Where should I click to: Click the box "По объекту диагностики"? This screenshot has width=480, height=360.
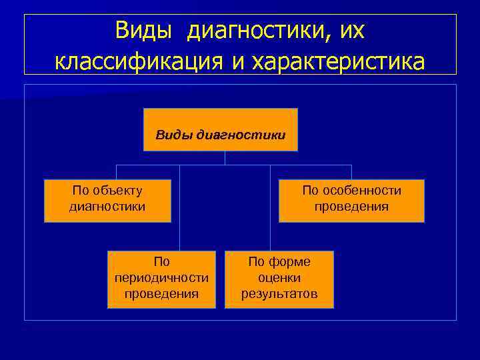107,200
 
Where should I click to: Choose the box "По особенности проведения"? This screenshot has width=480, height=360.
351,200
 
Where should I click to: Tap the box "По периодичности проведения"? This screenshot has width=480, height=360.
161,279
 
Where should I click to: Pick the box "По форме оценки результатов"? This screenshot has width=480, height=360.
279,279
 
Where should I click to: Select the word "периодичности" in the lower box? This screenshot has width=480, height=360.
161,277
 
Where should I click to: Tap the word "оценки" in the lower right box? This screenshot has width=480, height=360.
279,277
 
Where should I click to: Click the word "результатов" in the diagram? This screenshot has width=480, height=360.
279,293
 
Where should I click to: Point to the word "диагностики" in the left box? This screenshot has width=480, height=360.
107,207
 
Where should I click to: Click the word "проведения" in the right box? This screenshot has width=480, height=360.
351,207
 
